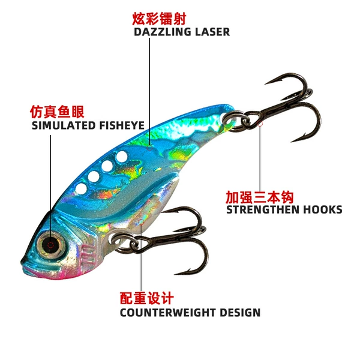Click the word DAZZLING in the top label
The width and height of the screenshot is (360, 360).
point(162,32)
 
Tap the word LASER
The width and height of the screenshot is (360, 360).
point(212,32)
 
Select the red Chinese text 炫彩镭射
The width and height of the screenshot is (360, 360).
point(159,19)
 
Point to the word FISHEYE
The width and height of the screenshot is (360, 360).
point(122,125)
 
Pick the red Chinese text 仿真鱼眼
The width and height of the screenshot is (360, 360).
point(57,112)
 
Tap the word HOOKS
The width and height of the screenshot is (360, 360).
point(323,209)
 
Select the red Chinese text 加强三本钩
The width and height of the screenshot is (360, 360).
point(260,197)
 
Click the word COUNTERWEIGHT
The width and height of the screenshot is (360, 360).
point(167,313)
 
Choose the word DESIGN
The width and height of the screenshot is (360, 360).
point(240,313)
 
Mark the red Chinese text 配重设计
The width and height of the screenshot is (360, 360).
point(147,298)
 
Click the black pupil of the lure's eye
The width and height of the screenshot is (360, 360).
point(51,245)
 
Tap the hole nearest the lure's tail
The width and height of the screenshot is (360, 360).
point(122,157)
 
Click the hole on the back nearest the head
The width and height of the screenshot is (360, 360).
point(81,189)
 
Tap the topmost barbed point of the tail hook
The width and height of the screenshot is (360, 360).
point(266,83)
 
